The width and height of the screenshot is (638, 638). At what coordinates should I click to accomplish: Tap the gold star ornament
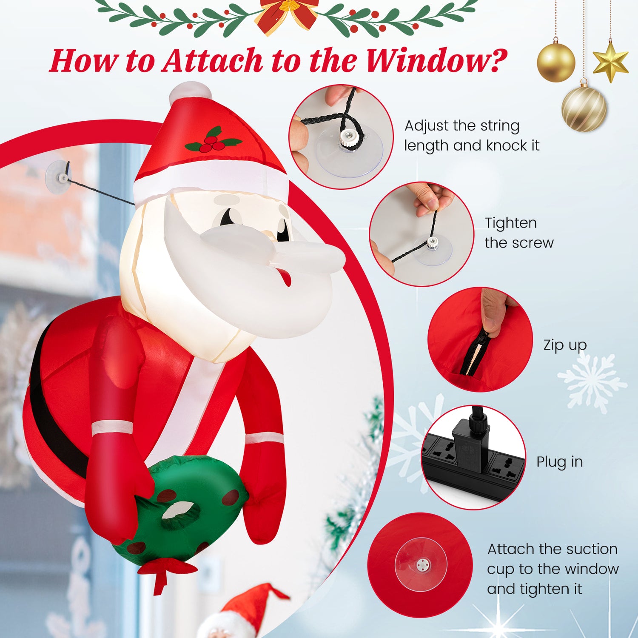pyautogui.click(x=610, y=62)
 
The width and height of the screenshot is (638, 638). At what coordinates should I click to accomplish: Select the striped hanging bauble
pyautogui.click(x=584, y=108)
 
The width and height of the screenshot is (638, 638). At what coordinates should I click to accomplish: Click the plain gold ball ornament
pyautogui.click(x=556, y=63)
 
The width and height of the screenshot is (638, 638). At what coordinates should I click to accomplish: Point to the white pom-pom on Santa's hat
pyautogui.click(x=190, y=93)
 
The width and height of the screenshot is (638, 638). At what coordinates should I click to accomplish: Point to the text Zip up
pyautogui.click(x=565, y=345)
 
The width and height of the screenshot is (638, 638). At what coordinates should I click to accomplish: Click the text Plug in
pyautogui.click(x=559, y=462)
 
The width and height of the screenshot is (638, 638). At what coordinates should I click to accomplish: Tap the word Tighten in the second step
pyautogui.click(x=510, y=223)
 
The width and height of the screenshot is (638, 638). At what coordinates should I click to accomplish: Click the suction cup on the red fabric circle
pyautogui.click(x=421, y=565)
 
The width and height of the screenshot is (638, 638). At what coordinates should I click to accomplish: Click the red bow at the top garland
pyautogui.click(x=289, y=13)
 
